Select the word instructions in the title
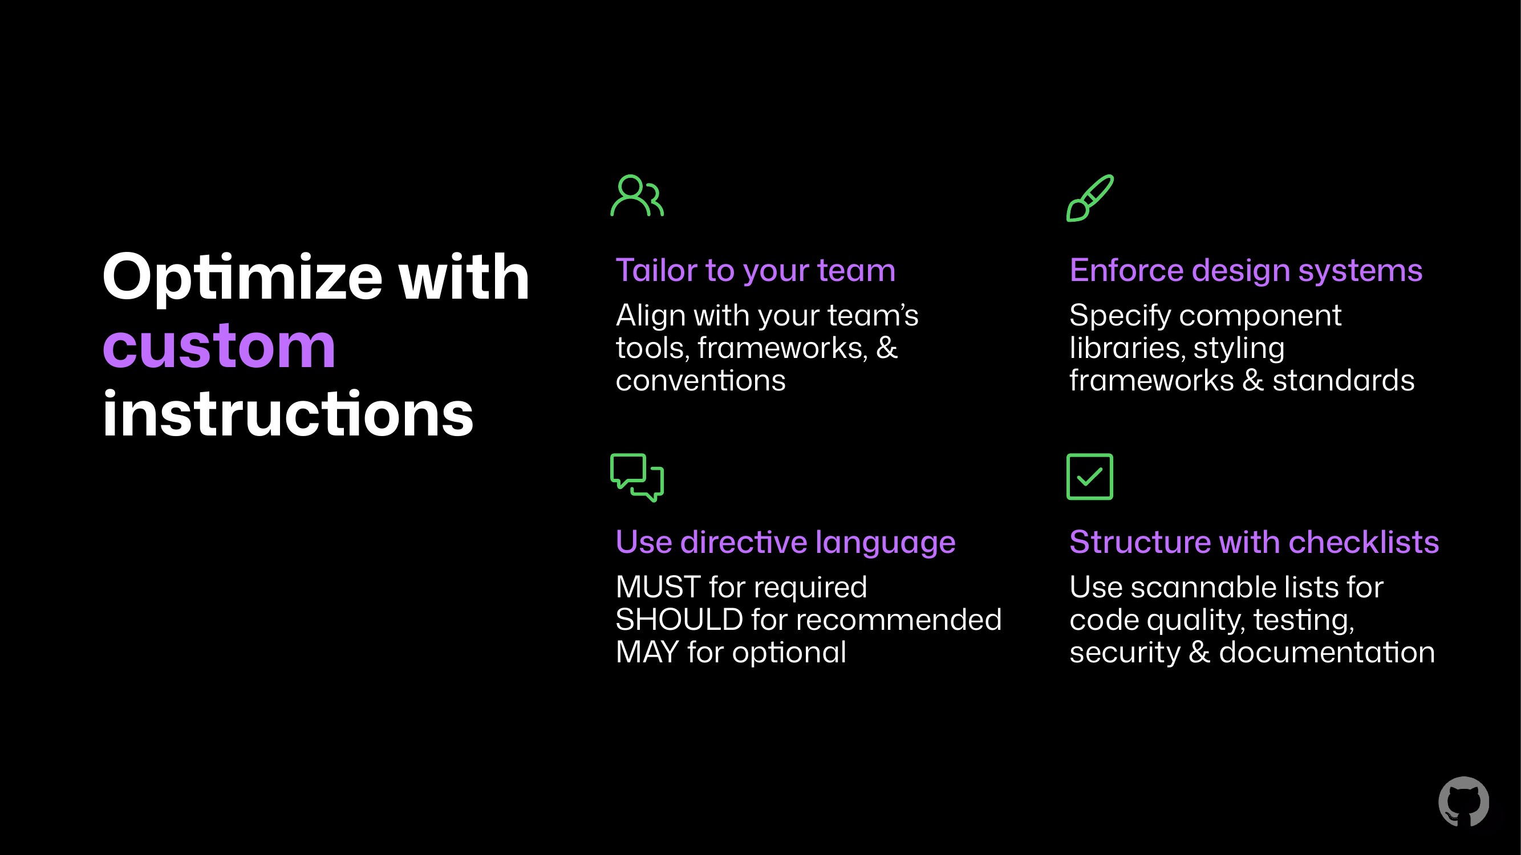pyautogui.click(x=288, y=413)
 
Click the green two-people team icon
pyautogui.click(x=637, y=196)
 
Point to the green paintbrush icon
pyautogui.click(x=1090, y=198)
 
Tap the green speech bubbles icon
pyautogui.click(x=637, y=477)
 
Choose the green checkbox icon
pyautogui.click(x=1090, y=477)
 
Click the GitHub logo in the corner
pyautogui.click(x=1464, y=802)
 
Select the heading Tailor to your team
pyautogui.click(x=755, y=271)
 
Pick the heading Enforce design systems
pyautogui.click(x=1246, y=271)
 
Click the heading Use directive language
pyautogui.click(x=785, y=542)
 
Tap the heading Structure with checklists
pyautogui.click(x=1254, y=542)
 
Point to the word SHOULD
pyautogui.click(x=679, y=620)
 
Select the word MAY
pyautogui.click(x=647, y=652)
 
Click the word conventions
pyautogui.click(x=700, y=381)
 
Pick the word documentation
pyautogui.click(x=1327, y=653)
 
